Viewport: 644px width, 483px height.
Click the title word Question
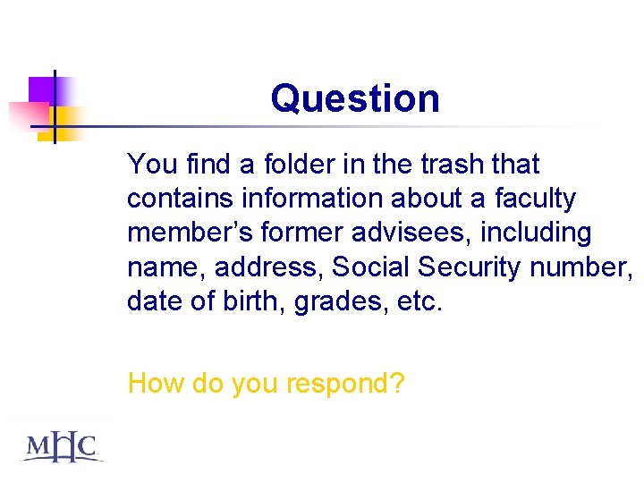tap(355, 98)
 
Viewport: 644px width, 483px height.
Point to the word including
tap(537, 233)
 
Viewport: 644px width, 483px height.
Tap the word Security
tap(470, 267)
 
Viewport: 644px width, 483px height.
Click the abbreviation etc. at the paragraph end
tap(419, 301)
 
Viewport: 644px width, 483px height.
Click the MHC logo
tap(61, 446)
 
